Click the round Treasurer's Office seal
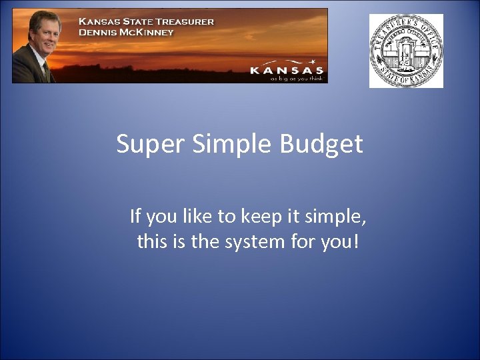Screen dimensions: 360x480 point(406,51)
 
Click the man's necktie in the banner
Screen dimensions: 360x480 point(46,71)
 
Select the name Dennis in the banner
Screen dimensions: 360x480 point(100,32)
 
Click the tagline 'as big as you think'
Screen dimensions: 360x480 point(297,78)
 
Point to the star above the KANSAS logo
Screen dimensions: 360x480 point(311,61)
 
